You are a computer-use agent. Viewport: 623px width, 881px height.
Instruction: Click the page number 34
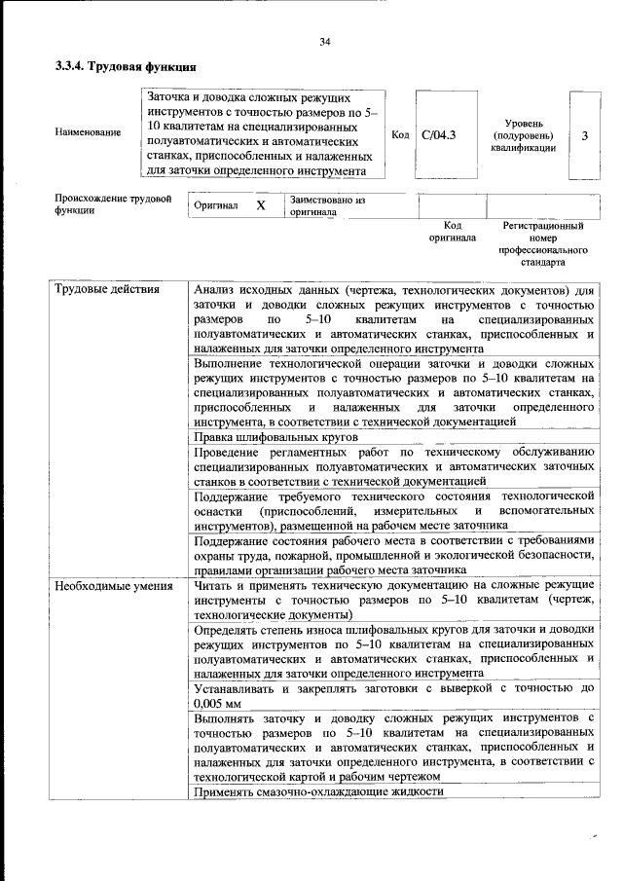325,41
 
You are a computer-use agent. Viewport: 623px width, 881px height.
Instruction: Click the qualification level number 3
584,135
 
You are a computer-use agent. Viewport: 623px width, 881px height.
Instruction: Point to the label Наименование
89,131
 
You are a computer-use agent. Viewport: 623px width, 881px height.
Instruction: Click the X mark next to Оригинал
260,206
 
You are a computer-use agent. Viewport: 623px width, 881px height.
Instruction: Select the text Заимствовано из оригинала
326,205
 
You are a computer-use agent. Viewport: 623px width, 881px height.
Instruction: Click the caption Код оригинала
453,231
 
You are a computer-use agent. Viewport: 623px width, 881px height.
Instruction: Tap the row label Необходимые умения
114,586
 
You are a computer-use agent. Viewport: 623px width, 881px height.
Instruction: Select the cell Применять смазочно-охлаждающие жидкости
318,792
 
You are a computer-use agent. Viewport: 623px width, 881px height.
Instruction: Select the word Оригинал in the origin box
216,206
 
